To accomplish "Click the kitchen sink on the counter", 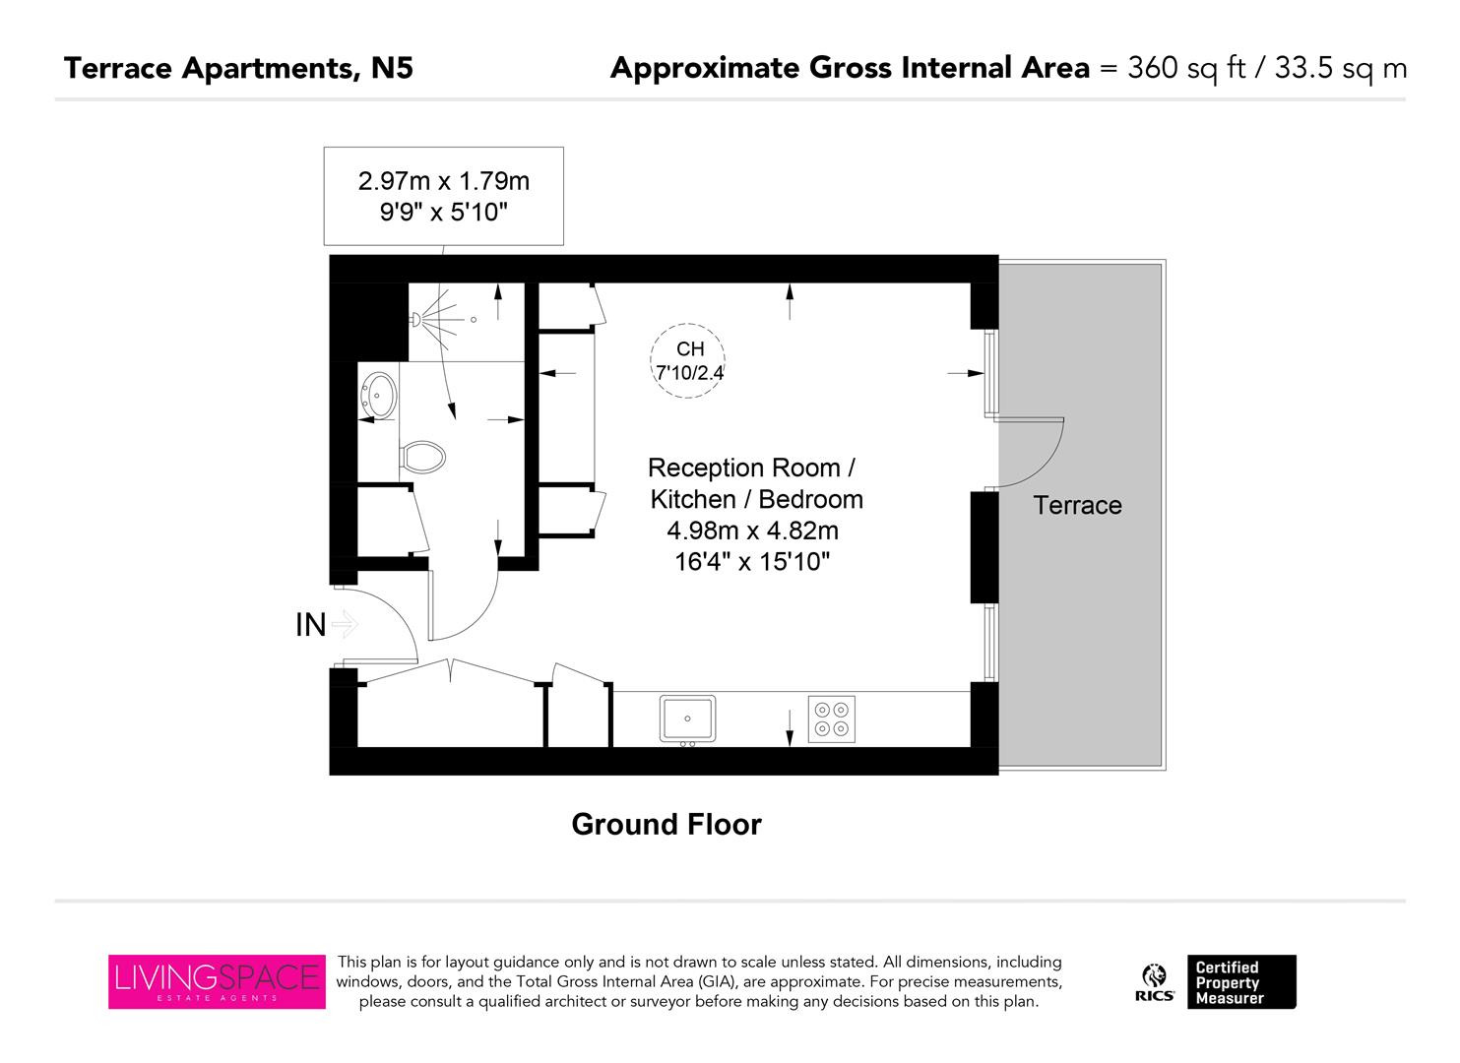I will coord(688,719).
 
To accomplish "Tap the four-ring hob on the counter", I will coord(831,719).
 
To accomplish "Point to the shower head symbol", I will coord(418,319).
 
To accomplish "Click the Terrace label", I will coord(1077,506).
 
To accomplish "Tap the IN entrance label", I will coord(310,625).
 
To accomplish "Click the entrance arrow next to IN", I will coord(345,624).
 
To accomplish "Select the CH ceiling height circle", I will coord(688,360).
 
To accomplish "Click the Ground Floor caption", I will coord(666,825).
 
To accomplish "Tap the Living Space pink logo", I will coord(217,981).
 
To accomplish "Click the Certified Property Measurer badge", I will coord(1240,982).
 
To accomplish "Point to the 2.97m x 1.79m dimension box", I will coord(443,196).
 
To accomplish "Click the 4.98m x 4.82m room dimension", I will coord(752,531).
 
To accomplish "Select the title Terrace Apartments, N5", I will coord(237,68).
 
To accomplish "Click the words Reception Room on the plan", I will coord(743,468).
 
